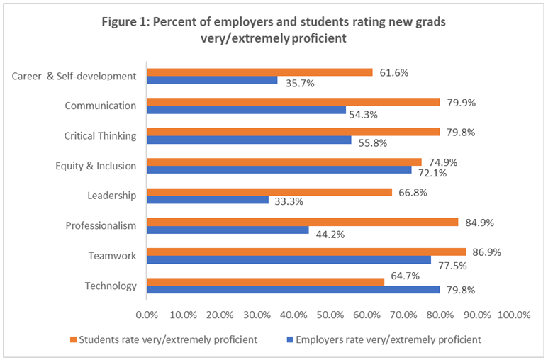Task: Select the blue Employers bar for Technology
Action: (x=293, y=289)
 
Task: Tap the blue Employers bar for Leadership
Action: (x=208, y=200)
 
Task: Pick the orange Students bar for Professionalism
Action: (x=302, y=222)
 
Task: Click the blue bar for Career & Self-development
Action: (x=212, y=80)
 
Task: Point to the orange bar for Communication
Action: (x=293, y=102)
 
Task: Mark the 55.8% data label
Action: (x=369, y=145)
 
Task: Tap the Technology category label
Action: (x=110, y=286)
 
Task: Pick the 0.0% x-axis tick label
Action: (x=146, y=314)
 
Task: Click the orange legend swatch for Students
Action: (x=73, y=339)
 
